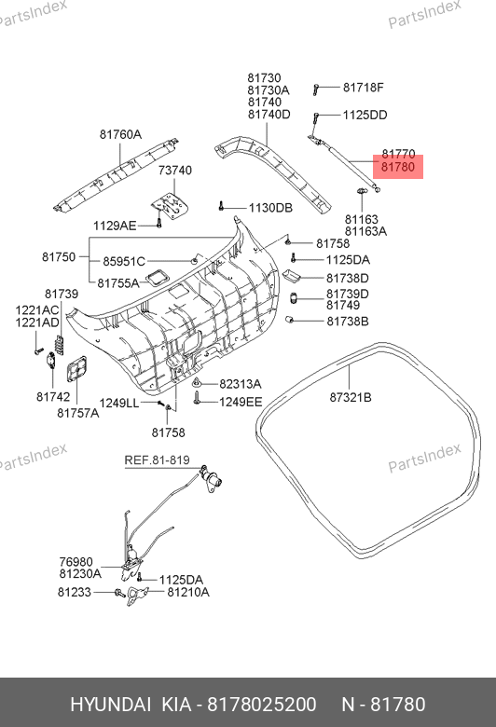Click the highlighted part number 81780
click(397, 167)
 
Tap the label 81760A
click(120, 134)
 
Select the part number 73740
click(175, 171)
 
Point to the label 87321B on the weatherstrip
click(351, 397)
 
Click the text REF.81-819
click(157, 460)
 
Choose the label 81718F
click(364, 88)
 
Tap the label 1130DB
click(271, 208)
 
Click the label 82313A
click(241, 384)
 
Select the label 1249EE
click(241, 402)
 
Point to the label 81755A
click(118, 282)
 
